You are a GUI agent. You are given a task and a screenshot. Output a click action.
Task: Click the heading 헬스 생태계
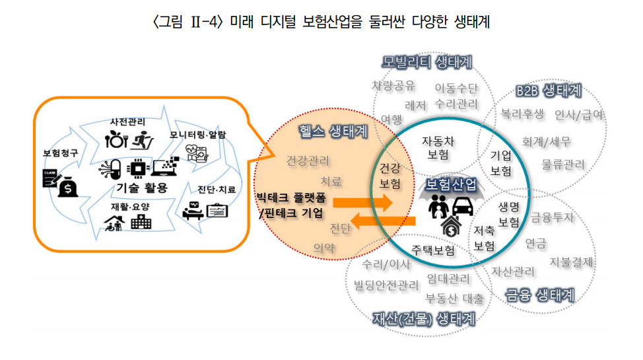tap(333, 131)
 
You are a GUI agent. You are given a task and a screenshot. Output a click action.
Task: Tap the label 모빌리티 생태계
tap(427, 62)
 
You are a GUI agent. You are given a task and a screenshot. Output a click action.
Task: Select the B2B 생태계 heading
tap(549, 90)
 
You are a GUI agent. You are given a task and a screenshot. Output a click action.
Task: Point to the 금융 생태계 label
tap(539, 295)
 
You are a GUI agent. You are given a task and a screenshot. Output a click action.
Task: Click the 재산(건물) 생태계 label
tap(424, 319)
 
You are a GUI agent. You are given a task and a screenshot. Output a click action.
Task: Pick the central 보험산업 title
tap(451, 185)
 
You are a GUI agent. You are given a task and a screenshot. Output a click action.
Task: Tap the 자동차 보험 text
tap(438, 148)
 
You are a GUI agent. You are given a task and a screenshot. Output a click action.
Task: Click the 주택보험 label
tap(433, 250)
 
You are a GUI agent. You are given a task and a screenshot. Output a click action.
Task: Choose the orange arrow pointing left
tap(383, 221)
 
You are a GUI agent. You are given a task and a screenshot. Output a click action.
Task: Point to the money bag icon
tap(67, 187)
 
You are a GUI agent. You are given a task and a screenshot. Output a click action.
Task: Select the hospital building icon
tap(141, 223)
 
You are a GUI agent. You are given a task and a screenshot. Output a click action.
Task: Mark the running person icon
tap(143, 141)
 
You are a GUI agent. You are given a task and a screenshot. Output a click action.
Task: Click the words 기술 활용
tap(142, 188)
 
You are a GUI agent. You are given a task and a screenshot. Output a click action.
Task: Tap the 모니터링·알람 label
tap(197, 135)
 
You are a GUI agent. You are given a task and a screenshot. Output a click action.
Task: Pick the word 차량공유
tap(393, 86)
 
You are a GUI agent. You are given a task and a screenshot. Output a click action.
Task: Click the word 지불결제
tap(571, 262)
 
